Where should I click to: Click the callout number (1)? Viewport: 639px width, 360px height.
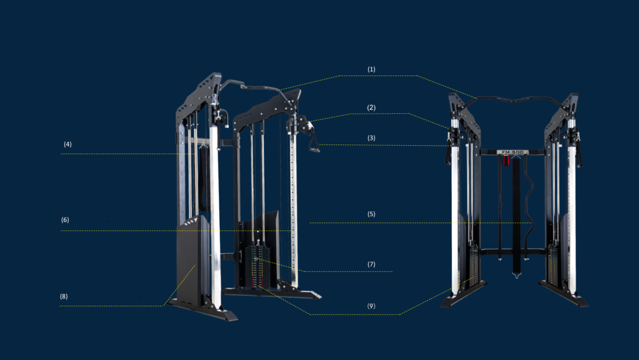(x=371, y=69)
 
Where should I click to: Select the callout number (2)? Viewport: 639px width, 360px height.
(x=371, y=107)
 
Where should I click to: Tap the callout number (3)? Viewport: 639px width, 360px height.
(x=371, y=138)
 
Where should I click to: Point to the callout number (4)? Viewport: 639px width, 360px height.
(x=68, y=145)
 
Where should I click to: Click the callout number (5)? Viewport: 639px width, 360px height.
(x=371, y=214)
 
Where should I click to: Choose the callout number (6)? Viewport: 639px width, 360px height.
(x=65, y=220)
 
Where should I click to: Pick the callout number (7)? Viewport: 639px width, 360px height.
(x=371, y=264)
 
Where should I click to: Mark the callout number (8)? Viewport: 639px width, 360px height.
(x=63, y=297)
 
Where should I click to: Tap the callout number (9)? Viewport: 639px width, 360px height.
(x=371, y=306)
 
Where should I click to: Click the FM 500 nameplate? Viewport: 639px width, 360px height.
(x=512, y=152)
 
